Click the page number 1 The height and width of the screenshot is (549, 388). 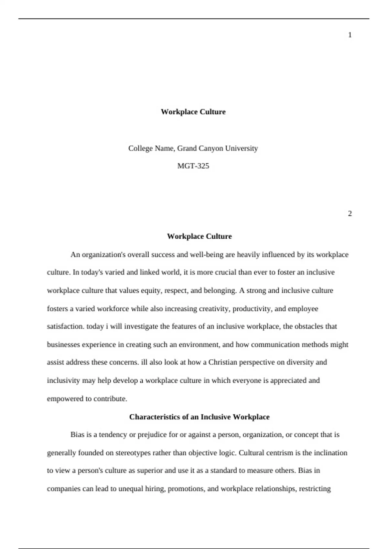pyautogui.click(x=350, y=35)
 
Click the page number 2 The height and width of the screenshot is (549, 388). pyautogui.click(x=350, y=213)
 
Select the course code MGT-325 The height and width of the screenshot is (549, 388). pyautogui.click(x=193, y=166)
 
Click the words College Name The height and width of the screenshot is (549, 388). pyautogui.click(x=151, y=148)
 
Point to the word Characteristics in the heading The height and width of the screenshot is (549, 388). pyautogui.click(x=152, y=417)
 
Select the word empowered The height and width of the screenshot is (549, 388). pyautogui.click(x=65, y=399)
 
